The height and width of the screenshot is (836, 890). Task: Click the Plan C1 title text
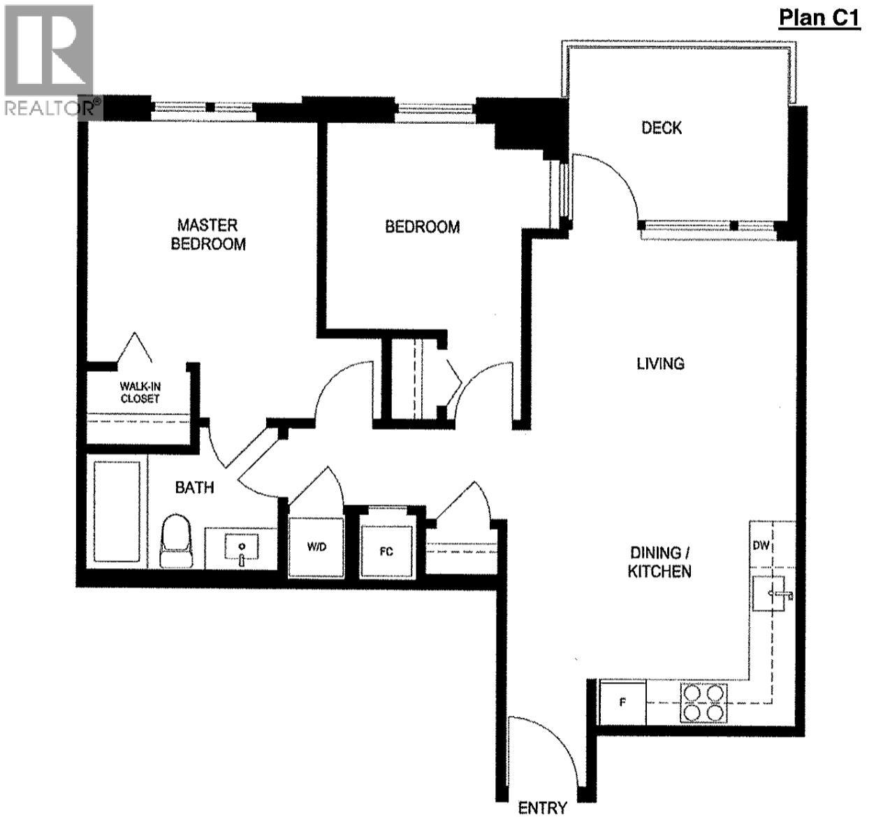point(819,17)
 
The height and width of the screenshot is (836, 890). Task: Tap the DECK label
point(662,128)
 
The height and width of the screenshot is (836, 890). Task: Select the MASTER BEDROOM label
point(208,234)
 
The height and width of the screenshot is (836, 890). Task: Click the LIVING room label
point(660,363)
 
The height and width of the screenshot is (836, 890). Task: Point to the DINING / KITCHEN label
point(659,562)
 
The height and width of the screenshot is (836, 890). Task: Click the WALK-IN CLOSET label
point(140,392)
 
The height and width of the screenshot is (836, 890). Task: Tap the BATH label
point(194,487)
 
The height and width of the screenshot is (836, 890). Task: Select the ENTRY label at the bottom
point(542,809)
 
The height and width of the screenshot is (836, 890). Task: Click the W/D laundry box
point(316,547)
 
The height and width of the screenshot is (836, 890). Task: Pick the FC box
point(386,551)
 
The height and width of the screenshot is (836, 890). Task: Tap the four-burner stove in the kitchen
point(704,702)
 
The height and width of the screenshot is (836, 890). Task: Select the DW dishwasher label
point(761,545)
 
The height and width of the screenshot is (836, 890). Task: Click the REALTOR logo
point(49,59)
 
